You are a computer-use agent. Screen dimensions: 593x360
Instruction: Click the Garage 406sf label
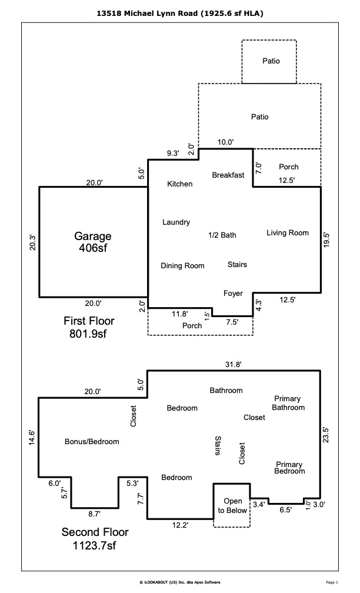point(92,242)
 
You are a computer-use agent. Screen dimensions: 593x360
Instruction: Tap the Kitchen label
point(179,184)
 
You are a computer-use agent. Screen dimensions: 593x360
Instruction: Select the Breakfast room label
point(228,175)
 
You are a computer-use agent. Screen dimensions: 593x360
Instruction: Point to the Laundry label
point(176,222)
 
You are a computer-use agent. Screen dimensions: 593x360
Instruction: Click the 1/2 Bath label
point(222,235)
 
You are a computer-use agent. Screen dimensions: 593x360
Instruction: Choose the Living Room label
point(288,233)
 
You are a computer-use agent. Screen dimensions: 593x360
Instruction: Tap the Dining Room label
point(182,266)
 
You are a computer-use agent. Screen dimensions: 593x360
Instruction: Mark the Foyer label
point(233,294)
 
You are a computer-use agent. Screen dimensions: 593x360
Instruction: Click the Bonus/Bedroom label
point(92,442)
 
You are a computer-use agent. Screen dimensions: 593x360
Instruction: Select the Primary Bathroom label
point(289,403)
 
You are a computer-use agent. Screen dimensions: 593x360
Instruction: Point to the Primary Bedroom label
point(289,468)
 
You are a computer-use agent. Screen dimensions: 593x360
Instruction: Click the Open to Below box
point(232,505)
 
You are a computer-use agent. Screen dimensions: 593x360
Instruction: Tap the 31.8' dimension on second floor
point(233,365)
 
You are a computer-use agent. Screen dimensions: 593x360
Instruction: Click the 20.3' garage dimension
point(33,242)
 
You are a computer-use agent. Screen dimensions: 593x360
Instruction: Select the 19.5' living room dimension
point(327,240)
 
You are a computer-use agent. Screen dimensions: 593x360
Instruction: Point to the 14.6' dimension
point(33,438)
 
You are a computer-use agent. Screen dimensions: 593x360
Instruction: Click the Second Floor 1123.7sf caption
point(95,539)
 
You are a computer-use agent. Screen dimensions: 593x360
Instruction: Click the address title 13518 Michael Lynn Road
point(180,12)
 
